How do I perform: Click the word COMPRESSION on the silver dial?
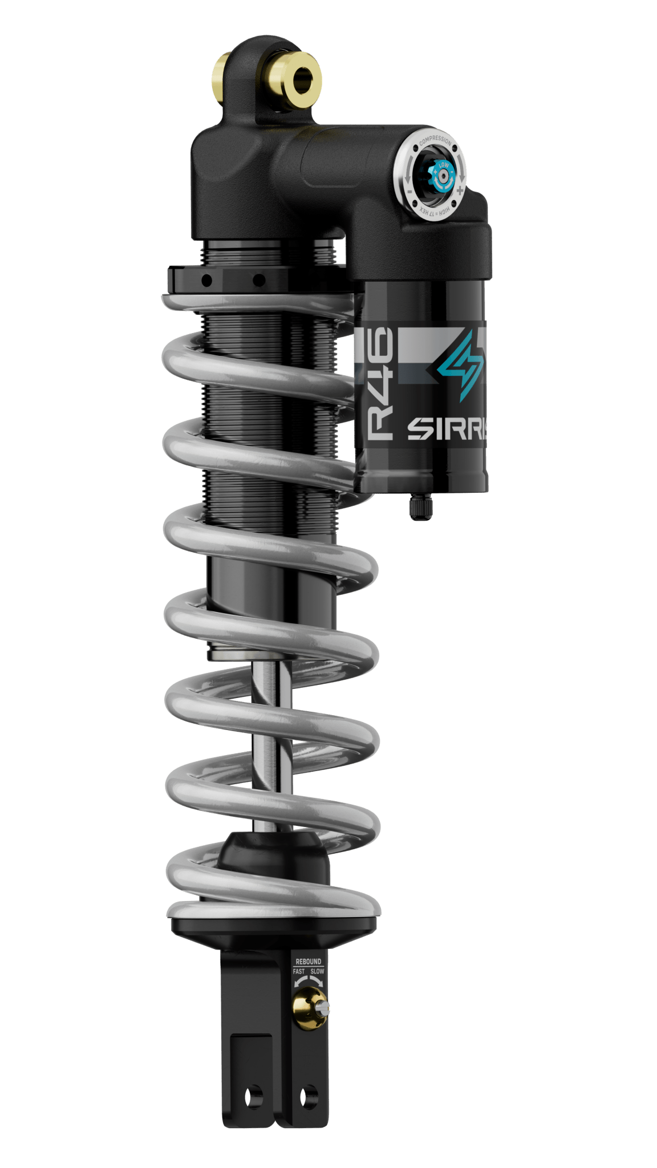436,141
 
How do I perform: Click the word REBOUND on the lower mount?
308,962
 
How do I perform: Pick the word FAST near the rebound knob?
299,971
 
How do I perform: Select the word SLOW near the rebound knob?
318,971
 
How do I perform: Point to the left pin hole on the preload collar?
206,280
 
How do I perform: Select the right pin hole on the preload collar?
258,280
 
